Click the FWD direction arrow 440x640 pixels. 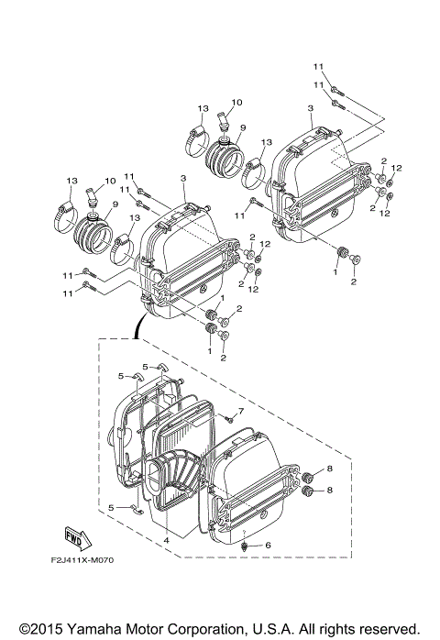point(79,536)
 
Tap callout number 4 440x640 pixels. point(166,540)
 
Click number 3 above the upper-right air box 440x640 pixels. point(311,109)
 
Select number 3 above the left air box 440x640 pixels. point(183,178)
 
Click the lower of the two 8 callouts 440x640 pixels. point(331,491)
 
